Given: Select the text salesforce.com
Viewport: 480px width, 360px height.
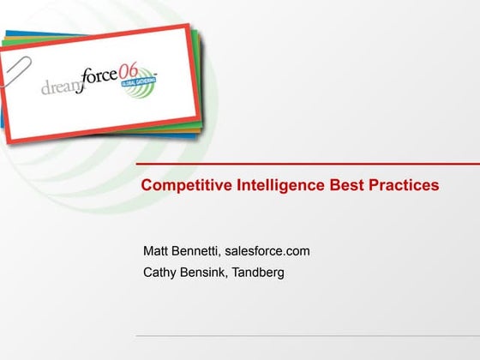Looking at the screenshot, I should tap(270, 251).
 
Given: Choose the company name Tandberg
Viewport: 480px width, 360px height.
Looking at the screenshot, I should tap(259, 273).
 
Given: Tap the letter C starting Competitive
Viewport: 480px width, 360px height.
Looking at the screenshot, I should tap(147, 184).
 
